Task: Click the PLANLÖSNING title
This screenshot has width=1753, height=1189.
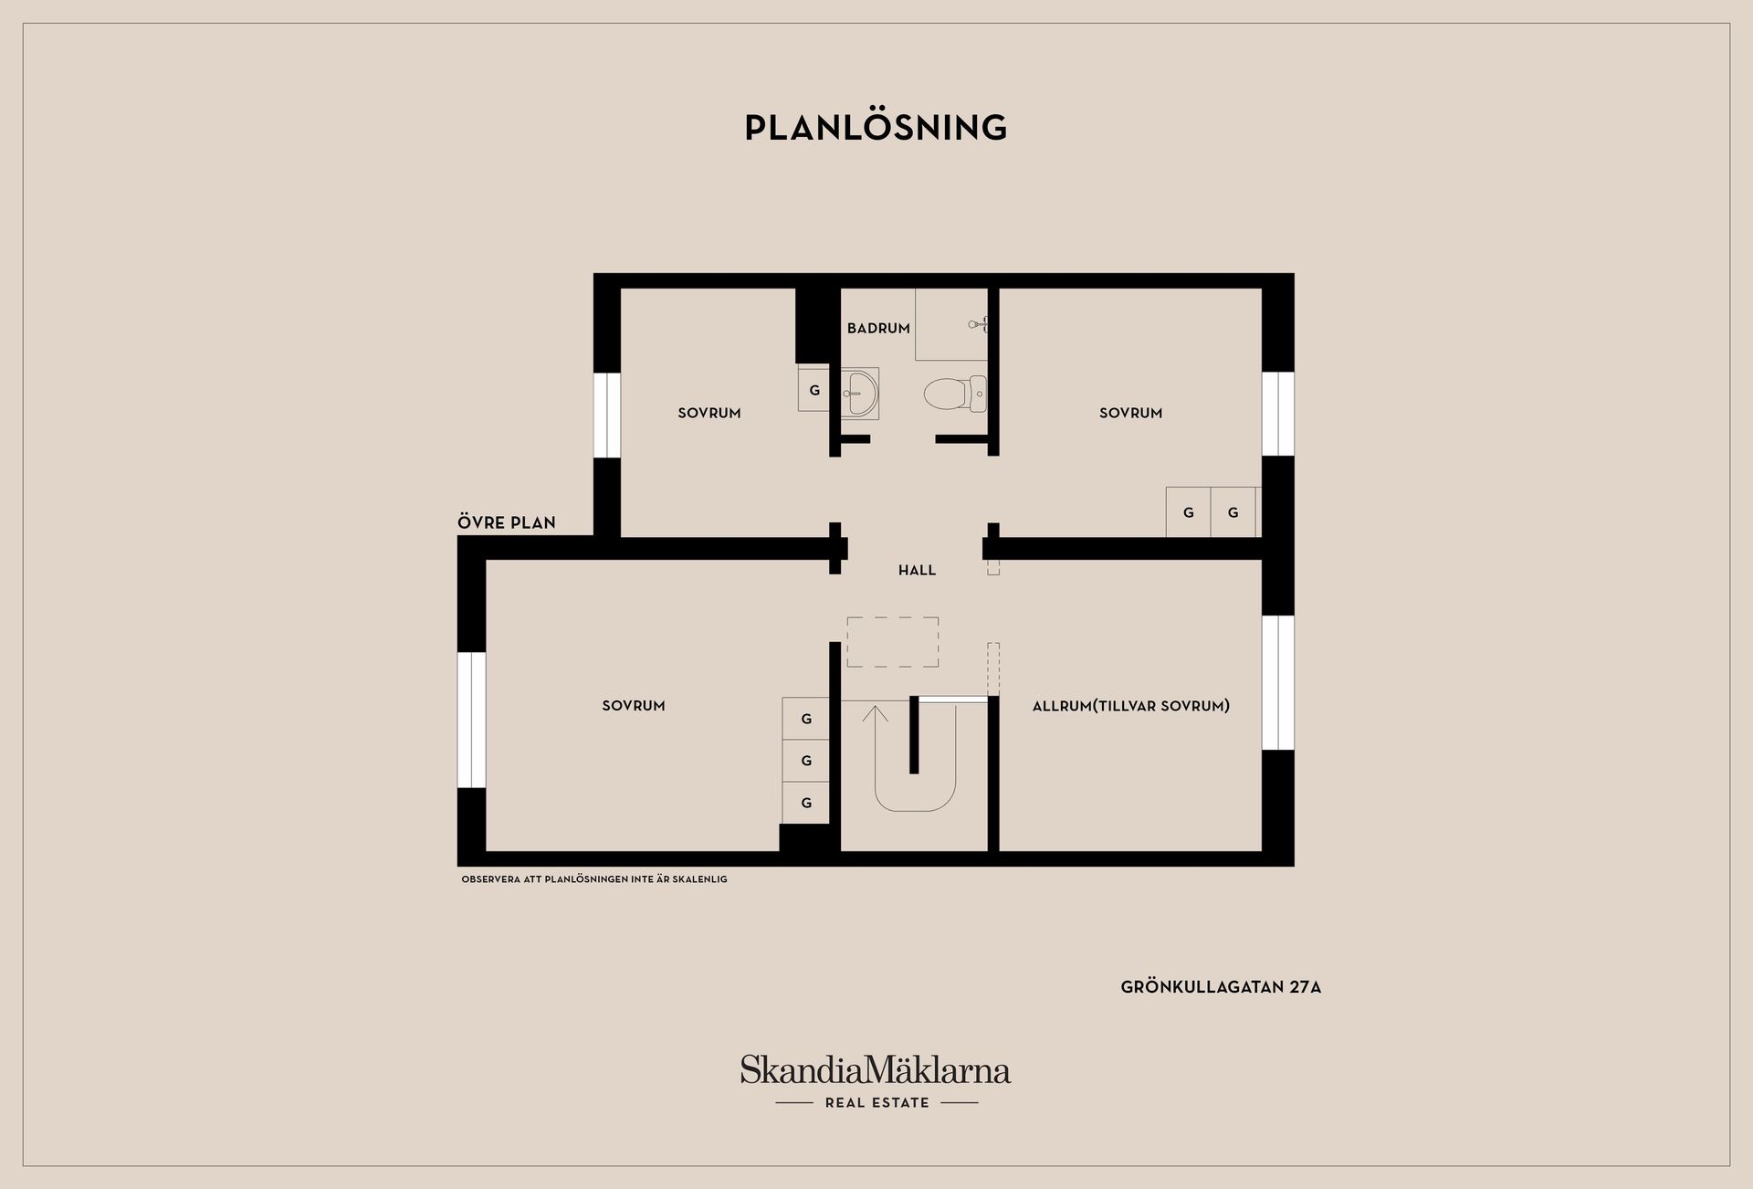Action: (x=876, y=128)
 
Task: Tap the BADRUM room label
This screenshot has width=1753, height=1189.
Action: (x=878, y=328)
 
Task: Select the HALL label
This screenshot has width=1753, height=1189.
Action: (x=917, y=570)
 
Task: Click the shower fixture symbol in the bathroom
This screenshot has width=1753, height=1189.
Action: (x=978, y=323)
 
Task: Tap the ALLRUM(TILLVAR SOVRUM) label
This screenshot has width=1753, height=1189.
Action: (x=1130, y=705)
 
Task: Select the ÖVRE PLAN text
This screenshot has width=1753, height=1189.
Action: (x=507, y=522)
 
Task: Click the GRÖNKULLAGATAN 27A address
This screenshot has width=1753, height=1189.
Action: (x=1221, y=987)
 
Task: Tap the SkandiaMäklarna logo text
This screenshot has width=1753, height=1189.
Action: (x=876, y=1069)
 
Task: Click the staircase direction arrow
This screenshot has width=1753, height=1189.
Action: (x=875, y=714)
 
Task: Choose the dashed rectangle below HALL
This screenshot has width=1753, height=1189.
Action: (x=892, y=642)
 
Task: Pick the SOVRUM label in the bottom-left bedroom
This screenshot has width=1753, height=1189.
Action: (x=634, y=705)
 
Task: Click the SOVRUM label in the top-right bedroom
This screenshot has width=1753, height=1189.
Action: (x=1130, y=413)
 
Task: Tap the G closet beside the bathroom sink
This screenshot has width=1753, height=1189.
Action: (x=814, y=390)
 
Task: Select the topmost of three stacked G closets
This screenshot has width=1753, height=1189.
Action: (x=806, y=719)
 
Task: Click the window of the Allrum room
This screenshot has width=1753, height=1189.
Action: (x=1278, y=682)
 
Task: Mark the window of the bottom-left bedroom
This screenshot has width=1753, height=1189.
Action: (x=471, y=720)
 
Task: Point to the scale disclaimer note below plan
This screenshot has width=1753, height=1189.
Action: (x=594, y=879)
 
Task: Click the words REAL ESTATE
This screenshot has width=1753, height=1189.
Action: (x=876, y=1102)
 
